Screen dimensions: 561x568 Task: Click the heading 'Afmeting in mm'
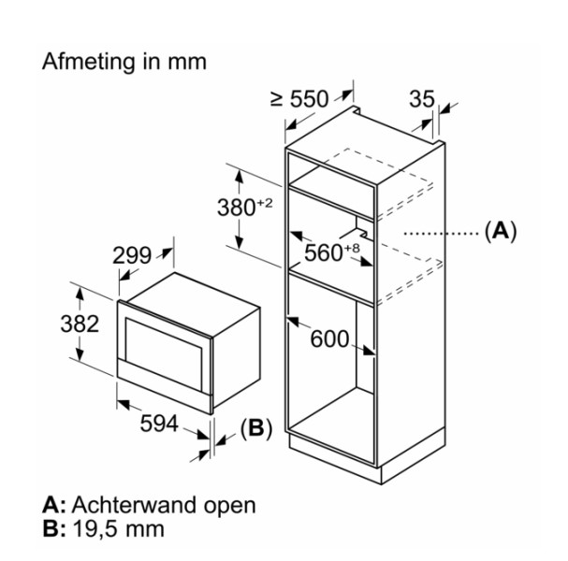click(x=124, y=62)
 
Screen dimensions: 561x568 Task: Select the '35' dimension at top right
click(x=422, y=98)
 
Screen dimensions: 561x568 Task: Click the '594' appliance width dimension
click(x=158, y=424)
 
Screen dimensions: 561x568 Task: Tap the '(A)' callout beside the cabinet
click(x=500, y=230)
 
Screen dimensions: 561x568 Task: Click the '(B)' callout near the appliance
click(x=255, y=429)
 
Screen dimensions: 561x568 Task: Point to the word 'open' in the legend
click(x=231, y=506)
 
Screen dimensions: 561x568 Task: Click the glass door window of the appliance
click(x=165, y=341)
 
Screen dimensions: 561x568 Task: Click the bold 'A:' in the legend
click(x=54, y=506)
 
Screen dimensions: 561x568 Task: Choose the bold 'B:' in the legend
click(x=54, y=530)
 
